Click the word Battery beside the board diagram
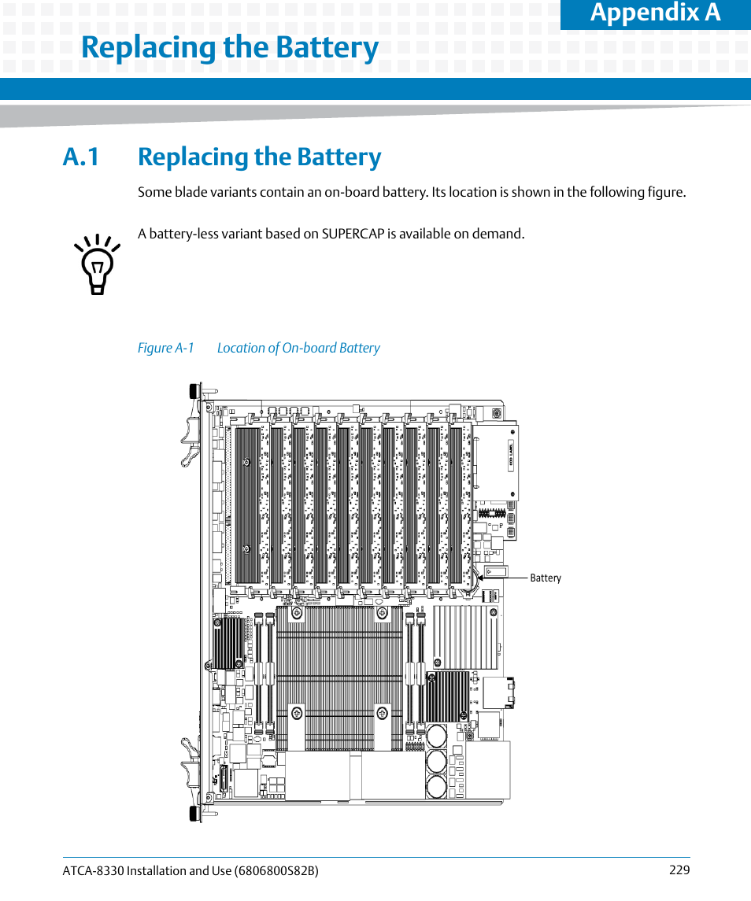pos(546,578)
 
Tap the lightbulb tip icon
pos(98,264)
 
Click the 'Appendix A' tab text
pos(655,13)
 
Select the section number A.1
pos(82,157)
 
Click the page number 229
pos(679,870)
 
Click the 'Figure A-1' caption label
pos(165,348)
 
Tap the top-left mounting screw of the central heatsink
pos(297,614)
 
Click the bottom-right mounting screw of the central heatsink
pos(382,713)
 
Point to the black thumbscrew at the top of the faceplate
pos(192,391)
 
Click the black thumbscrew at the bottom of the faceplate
pos(192,814)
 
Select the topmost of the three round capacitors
pos(436,736)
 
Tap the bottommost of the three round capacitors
pos(436,785)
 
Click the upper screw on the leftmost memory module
pos(246,463)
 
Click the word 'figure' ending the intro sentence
pos(666,192)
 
